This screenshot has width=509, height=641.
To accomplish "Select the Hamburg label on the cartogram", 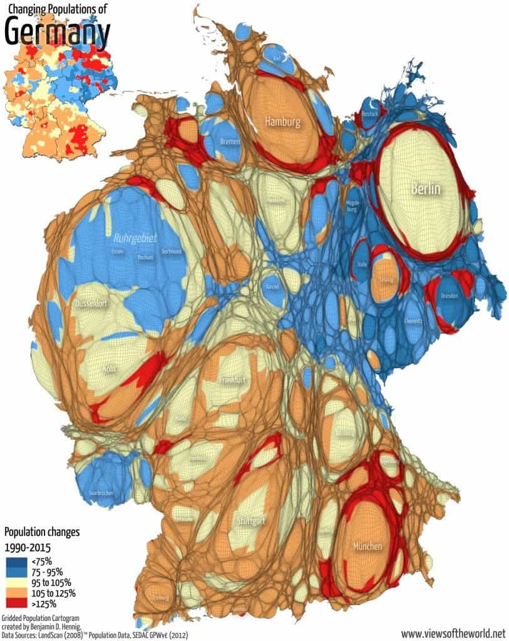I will (x=282, y=121).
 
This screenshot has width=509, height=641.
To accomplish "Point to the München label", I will (x=367, y=546).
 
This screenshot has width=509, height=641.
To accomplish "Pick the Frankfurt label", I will (x=232, y=380).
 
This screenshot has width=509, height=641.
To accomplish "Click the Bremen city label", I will (x=230, y=142).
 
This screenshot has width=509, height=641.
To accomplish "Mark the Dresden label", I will (x=450, y=295).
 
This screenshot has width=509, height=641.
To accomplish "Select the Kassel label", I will (x=273, y=286).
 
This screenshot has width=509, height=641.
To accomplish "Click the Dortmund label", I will (x=170, y=252).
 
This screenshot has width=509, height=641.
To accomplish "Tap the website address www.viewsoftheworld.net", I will (x=453, y=633).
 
